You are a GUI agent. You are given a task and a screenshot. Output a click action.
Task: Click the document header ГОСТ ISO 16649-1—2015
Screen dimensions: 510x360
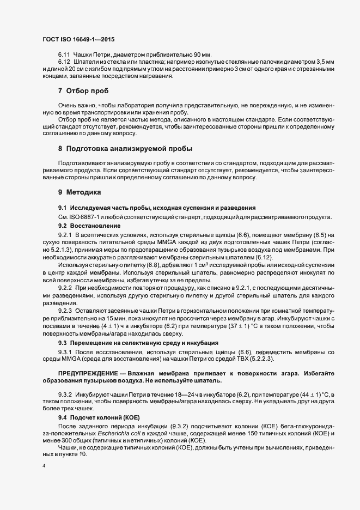coord(78,40)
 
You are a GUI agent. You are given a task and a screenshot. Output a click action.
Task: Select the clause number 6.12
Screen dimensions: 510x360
coord(64,63)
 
